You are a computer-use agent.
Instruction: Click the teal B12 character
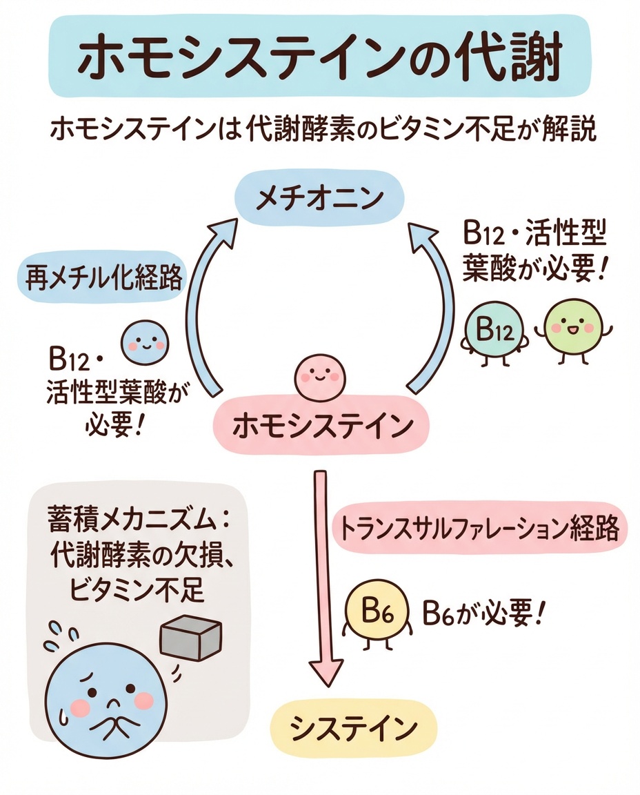tap(492, 332)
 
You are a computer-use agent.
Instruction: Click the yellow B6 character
tap(377, 609)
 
